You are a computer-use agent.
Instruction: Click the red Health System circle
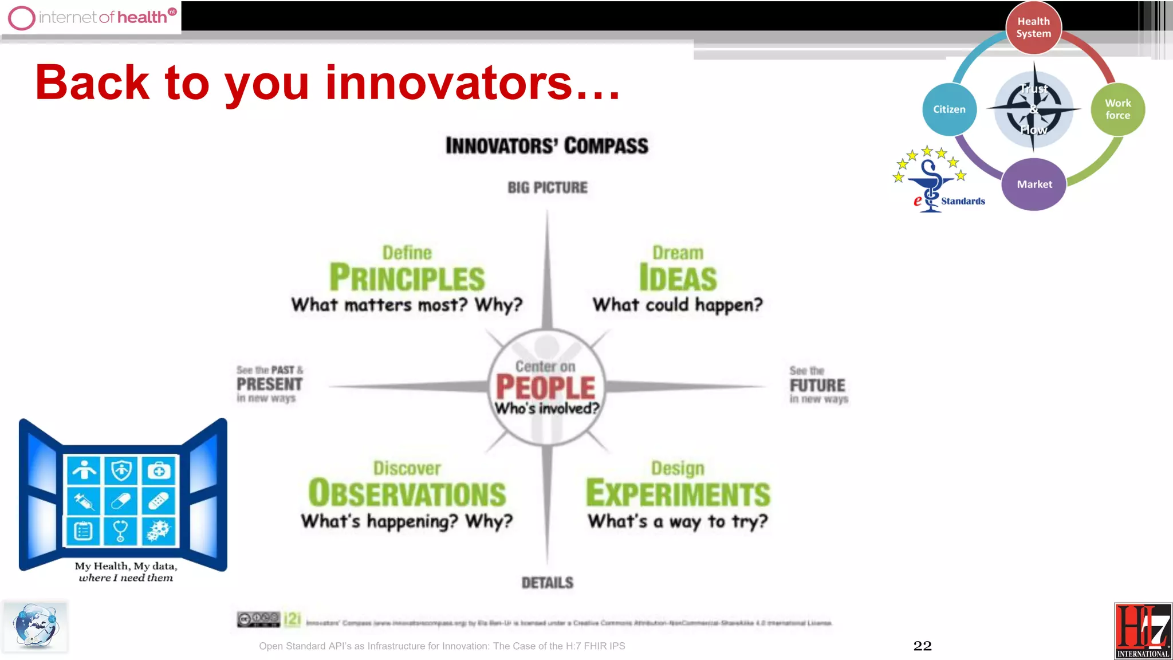pos(1033,27)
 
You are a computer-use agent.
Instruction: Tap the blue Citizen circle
pos(949,109)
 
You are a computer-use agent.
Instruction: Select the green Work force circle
pos(1117,109)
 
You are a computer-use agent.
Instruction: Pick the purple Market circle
pos(1034,184)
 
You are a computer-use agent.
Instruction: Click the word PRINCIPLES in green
pos(407,278)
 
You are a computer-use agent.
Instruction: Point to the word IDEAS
pos(678,278)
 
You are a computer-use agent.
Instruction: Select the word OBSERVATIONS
pos(407,494)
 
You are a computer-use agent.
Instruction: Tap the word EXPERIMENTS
pos(678,494)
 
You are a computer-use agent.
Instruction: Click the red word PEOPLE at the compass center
pos(546,388)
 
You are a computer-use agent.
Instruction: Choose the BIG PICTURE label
pos(548,188)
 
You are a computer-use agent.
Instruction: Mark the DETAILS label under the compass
pos(547,583)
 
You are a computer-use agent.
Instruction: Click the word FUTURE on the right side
pos(817,386)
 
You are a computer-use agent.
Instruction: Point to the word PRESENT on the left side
pos(269,384)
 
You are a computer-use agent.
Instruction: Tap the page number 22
pos(922,646)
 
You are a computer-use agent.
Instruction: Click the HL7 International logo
pos(1143,631)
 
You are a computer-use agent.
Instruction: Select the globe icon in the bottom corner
pos(36,626)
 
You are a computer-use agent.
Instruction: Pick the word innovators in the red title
pos(448,83)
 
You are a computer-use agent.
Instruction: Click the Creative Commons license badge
pos(258,619)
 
